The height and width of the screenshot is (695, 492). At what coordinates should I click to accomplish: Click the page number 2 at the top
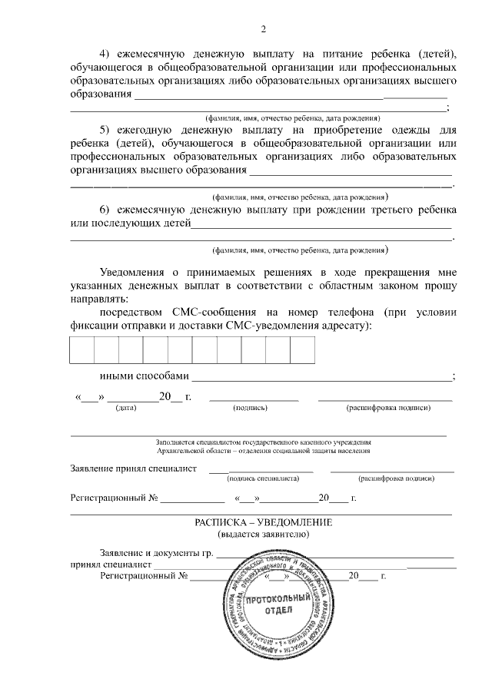pyautogui.click(x=263, y=30)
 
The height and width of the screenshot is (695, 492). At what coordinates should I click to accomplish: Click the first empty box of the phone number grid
pyautogui.click(x=82, y=350)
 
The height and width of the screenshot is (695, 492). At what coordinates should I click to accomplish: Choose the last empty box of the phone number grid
pyautogui.click(x=302, y=350)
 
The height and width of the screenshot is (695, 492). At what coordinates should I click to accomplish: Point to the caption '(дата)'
pyautogui.click(x=125, y=408)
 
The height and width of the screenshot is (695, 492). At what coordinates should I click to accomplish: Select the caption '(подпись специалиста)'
pyautogui.click(x=263, y=478)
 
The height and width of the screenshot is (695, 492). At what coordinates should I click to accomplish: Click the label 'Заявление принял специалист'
pyautogui.click(x=133, y=468)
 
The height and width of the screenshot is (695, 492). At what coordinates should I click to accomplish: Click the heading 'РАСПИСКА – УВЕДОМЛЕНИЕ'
pyautogui.click(x=263, y=522)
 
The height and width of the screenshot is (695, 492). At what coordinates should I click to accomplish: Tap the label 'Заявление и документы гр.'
pyautogui.click(x=156, y=553)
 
